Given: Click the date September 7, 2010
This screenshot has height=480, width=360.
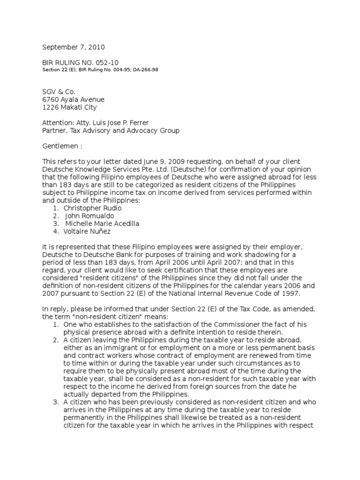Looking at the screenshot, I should (x=74, y=47).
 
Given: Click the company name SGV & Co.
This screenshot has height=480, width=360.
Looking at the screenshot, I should (x=59, y=92).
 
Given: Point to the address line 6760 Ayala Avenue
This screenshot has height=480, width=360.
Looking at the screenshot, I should (x=74, y=99).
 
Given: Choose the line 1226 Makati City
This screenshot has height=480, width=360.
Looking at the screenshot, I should (x=70, y=107).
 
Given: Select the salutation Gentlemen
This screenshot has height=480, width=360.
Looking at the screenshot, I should (x=60, y=146).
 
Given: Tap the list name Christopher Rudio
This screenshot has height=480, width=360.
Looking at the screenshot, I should (x=92, y=208).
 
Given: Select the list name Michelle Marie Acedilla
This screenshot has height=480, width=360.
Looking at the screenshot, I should (x=102, y=223).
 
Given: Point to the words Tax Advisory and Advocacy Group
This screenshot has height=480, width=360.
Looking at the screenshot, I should (x=125, y=130).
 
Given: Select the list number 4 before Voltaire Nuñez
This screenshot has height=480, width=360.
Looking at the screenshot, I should (x=55, y=231).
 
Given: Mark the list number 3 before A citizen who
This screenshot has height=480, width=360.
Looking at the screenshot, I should (x=55, y=402).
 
